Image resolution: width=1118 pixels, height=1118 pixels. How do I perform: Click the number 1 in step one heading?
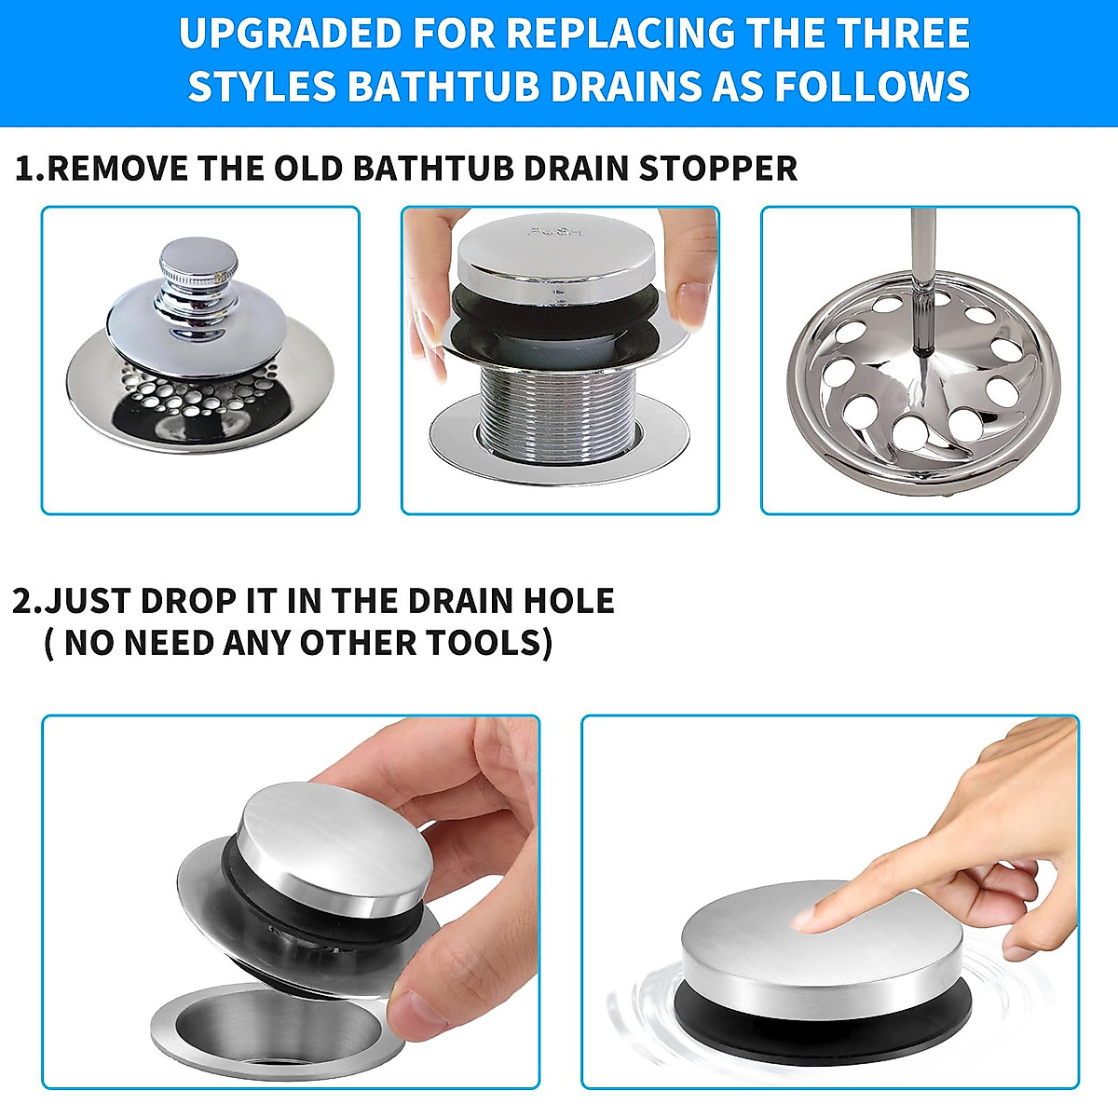pos(26,170)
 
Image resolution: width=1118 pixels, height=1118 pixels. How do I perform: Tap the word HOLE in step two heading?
pos(570,601)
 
